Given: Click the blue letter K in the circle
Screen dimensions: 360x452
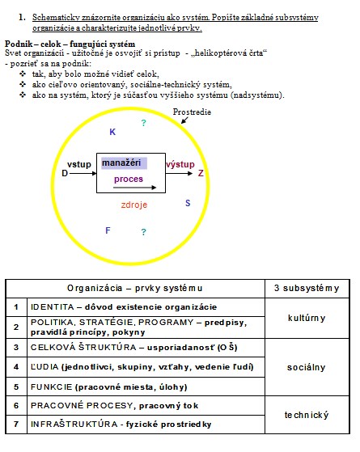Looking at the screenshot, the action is coord(112,132).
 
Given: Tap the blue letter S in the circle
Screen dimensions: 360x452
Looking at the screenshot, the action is coord(188,203).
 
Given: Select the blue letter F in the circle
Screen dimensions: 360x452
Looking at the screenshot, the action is coord(108,230).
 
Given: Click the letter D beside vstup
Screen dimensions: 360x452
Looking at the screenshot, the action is coord(65,173).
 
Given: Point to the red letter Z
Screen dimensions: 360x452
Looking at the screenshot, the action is coord(201,173).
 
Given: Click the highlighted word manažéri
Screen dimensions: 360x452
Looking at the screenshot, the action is coord(121,163).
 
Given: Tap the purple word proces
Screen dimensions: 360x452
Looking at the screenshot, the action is coord(129,179).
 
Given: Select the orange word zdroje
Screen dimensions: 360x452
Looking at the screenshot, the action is coord(134,205).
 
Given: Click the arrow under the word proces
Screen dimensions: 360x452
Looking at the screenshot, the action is coord(135,188).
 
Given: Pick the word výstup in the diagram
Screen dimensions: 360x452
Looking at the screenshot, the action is coord(180,164).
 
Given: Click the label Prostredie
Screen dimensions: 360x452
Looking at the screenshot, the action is coord(192,112).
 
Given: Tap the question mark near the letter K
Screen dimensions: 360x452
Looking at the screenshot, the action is coord(144,124).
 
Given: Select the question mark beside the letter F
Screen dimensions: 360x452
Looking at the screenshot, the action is coord(144,232).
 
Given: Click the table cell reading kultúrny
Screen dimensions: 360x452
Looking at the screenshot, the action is coord(307,318).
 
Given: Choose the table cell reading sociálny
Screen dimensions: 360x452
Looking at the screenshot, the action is coord(306,367).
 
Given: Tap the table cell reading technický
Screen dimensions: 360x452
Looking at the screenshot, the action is coord(307,415).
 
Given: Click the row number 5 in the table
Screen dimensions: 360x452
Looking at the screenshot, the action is coord(16,387).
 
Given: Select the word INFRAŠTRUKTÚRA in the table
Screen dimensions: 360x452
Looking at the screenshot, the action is coord(74,424).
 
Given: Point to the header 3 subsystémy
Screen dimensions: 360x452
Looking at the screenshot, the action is coord(307,289).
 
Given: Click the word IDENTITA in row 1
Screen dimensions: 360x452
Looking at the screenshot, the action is coord(53,307).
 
